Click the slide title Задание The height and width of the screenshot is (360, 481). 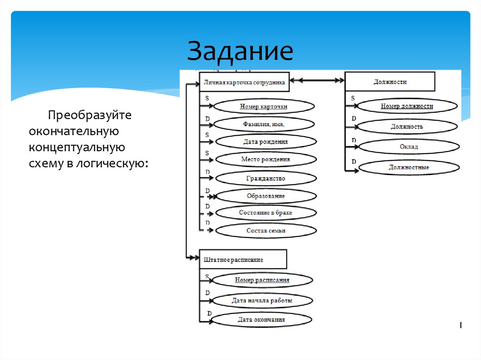click(240, 52)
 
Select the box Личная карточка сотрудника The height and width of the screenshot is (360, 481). click(244, 82)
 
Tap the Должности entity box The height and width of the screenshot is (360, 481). click(390, 82)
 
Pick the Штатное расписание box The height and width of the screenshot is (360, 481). click(243, 259)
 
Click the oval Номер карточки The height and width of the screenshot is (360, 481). click(264, 107)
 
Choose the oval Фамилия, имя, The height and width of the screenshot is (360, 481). click(264, 124)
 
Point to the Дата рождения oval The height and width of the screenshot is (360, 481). click(265, 141)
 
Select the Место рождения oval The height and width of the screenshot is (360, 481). click(265, 159)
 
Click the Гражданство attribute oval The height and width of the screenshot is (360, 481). click(265, 178)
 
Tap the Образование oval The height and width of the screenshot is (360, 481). click(265, 196)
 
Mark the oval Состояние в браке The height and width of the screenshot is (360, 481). click(265, 213)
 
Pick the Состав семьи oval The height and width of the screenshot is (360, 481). click(265, 230)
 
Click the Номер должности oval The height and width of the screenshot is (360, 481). click(407, 106)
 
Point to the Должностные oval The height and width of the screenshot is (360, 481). click(409, 167)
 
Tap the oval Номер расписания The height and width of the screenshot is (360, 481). click(262, 280)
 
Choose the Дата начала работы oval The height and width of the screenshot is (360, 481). click(262, 300)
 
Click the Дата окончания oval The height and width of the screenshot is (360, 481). click(261, 320)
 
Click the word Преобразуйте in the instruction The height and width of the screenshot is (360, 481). click(78, 115)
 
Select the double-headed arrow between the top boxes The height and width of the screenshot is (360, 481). click(317, 81)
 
